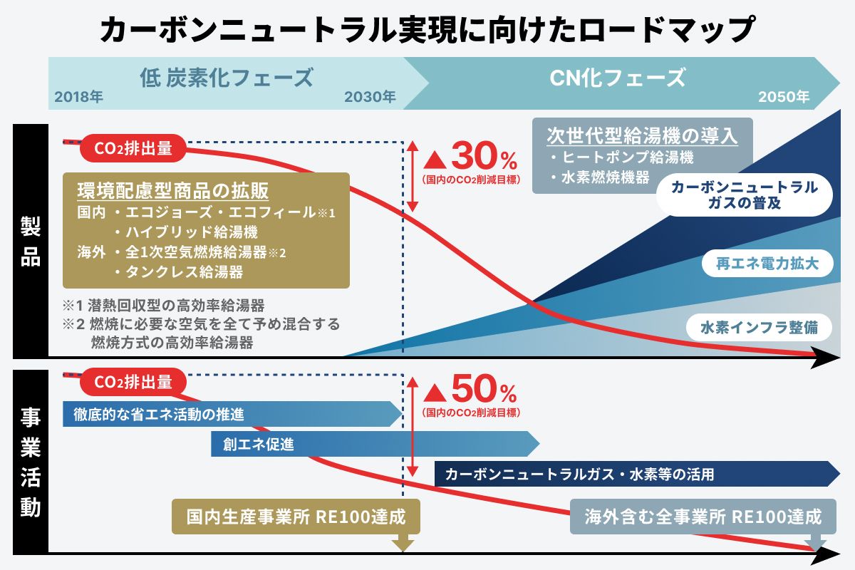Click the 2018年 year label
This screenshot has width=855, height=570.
pyautogui.click(x=78, y=97)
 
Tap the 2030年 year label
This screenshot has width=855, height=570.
pyautogui.click(x=370, y=97)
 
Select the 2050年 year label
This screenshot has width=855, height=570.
pyautogui.click(x=784, y=97)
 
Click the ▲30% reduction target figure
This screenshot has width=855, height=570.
pyautogui.click(x=471, y=156)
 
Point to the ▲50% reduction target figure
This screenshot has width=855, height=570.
pyautogui.click(x=471, y=390)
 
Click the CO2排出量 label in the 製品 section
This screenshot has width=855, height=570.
pyautogui.click(x=133, y=148)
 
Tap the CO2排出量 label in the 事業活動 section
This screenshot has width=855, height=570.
pyautogui.click(x=133, y=382)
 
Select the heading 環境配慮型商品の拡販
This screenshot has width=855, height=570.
pyautogui.click(x=173, y=190)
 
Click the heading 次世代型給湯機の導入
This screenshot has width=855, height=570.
pyautogui.click(x=642, y=135)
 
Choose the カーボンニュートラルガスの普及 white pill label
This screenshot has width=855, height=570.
pyautogui.click(x=745, y=195)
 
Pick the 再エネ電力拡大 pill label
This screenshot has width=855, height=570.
pyautogui.click(x=767, y=264)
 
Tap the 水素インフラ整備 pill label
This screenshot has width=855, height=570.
pyautogui.click(x=759, y=328)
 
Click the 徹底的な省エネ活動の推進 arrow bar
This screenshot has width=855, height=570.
pyautogui.click(x=232, y=414)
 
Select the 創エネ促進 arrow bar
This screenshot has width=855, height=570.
pyautogui.click(x=375, y=444)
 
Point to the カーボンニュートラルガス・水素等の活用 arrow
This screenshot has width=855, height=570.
pyautogui.click(x=637, y=474)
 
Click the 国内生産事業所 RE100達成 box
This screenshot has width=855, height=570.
pyautogui.click(x=296, y=517)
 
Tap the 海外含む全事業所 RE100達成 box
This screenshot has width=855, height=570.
pyautogui.click(x=703, y=517)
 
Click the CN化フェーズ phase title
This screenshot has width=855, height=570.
pyautogui.click(x=617, y=78)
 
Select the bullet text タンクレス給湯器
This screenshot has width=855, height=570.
pyautogui.click(x=184, y=272)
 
